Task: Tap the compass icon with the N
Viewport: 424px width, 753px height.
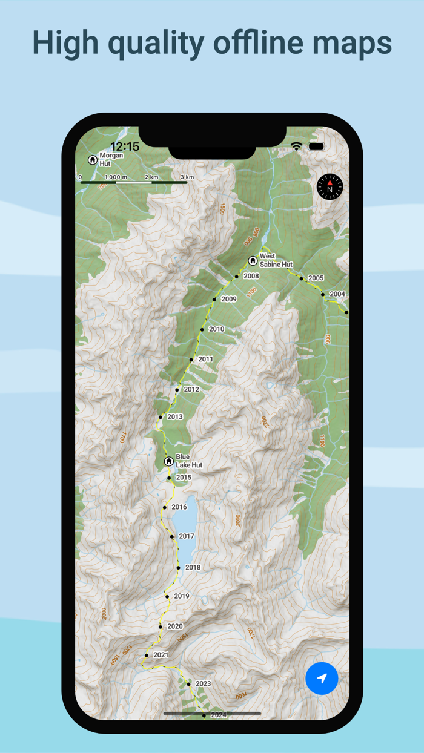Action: pyautogui.click(x=330, y=187)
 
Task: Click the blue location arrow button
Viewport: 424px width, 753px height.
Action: pyautogui.click(x=322, y=678)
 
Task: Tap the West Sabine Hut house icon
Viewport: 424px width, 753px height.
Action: pyautogui.click(x=253, y=261)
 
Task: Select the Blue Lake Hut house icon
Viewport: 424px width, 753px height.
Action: pyautogui.click(x=169, y=461)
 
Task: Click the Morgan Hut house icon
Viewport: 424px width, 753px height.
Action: pyautogui.click(x=93, y=160)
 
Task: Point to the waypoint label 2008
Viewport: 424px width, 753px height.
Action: pyautogui.click(x=251, y=276)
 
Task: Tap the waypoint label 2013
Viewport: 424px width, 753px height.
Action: pyautogui.click(x=174, y=417)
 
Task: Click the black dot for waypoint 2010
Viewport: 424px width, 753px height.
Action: pyautogui.click(x=202, y=330)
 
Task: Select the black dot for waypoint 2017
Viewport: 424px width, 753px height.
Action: pyautogui.click(x=172, y=537)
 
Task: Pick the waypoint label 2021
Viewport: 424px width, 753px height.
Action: pyautogui.click(x=161, y=655)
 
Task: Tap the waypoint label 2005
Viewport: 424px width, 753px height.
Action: pyautogui.click(x=316, y=278)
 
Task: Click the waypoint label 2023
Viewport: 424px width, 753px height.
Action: pyautogui.click(x=203, y=684)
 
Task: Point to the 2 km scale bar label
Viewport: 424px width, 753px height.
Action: pyautogui.click(x=151, y=177)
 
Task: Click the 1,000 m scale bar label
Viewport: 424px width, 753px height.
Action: pyautogui.click(x=116, y=177)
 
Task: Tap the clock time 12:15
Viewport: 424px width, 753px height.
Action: pyautogui.click(x=125, y=146)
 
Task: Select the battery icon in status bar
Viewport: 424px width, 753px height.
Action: pyautogui.click(x=316, y=146)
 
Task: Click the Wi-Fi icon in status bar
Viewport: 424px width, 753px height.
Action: pyautogui.click(x=296, y=146)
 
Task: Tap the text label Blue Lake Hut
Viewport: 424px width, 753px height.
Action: pyautogui.click(x=188, y=461)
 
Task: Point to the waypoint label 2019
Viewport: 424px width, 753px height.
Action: pyautogui.click(x=181, y=596)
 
